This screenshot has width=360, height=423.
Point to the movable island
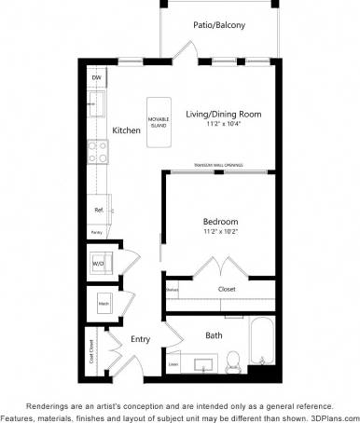[158, 118]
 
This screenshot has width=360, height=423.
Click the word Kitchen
[126, 130]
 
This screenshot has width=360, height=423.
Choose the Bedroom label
[220, 221]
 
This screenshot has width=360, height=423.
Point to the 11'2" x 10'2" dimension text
[220, 231]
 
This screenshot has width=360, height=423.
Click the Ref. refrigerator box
[98, 210]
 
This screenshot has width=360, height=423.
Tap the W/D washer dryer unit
[99, 264]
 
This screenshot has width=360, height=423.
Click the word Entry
[141, 339]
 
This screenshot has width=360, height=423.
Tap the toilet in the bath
[235, 359]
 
